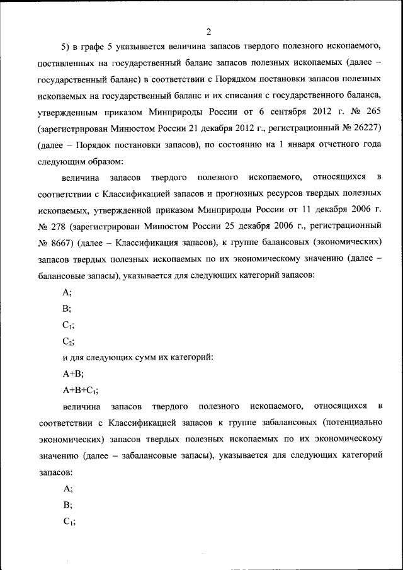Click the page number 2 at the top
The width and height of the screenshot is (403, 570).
point(208,32)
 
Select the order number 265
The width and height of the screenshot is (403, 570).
point(371,111)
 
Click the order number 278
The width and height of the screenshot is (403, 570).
point(60,225)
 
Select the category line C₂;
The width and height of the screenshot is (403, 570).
point(69,341)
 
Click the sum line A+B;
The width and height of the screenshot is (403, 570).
point(73,373)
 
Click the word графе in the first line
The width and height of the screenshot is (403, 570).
point(98,48)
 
